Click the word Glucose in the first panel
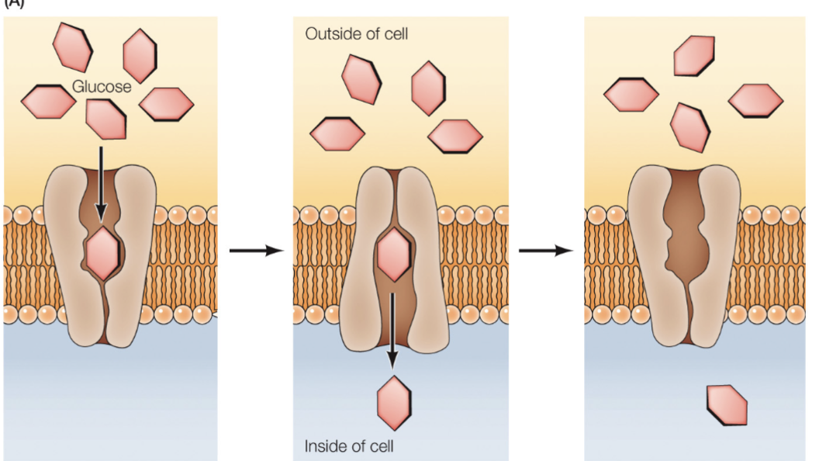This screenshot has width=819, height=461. [102, 87]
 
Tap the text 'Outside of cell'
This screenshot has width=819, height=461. [356, 34]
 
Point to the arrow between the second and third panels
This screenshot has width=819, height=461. [545, 251]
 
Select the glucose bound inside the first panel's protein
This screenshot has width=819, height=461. [102, 254]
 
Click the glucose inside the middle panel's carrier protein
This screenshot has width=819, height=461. [393, 255]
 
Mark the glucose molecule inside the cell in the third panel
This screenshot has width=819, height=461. [727, 405]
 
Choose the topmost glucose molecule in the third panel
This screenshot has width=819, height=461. [693, 56]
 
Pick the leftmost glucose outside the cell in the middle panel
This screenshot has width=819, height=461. [337, 133]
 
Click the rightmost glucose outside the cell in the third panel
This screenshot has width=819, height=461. [755, 100]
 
